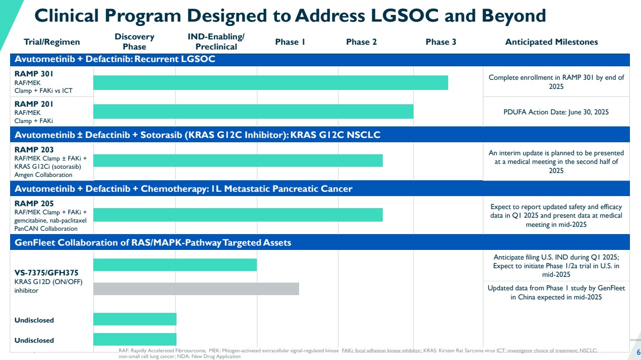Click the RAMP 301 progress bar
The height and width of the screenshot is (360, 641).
point(270,83)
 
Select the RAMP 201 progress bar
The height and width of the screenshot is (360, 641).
point(253,112)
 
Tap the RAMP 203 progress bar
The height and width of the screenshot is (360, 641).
point(238,161)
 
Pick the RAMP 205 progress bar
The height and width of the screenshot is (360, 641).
point(238,214)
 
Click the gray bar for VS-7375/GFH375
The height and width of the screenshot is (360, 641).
point(196,289)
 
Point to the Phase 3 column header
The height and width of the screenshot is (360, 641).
point(440,42)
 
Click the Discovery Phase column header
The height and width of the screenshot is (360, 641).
point(135,42)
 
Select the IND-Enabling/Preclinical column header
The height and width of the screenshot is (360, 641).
point(216,42)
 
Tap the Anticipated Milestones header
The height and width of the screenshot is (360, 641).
point(551,42)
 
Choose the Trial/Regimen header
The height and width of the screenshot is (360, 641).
point(52,42)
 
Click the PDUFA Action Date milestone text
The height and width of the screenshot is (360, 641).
point(556,112)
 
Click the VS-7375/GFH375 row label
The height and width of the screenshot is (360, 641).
point(46,273)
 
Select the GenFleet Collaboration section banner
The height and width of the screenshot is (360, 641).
point(152,243)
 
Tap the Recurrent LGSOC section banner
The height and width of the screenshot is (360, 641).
point(115,60)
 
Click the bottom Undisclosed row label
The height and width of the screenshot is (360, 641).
point(34,340)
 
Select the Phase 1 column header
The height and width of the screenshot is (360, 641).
point(290,42)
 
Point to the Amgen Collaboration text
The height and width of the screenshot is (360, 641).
point(43,175)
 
